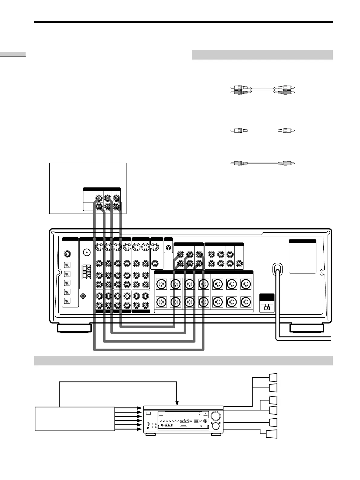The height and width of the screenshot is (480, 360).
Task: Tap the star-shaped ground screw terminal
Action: tap(83, 297)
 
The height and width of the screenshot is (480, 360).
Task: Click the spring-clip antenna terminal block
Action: tap(87, 272)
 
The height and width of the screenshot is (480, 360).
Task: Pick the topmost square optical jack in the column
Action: tap(67, 265)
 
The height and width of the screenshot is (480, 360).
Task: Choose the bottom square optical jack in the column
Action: tap(67, 301)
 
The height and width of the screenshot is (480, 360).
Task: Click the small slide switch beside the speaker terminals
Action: tap(267, 308)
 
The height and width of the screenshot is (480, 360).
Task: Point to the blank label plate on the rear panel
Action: tap(302, 257)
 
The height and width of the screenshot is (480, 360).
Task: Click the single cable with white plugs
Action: tap(262, 131)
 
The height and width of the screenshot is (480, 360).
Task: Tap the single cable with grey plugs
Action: tap(262, 163)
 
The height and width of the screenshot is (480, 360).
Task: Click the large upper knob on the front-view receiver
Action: tap(215, 416)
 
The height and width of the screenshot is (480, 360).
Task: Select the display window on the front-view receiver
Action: tap(183, 414)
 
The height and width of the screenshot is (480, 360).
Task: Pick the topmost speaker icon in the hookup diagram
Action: tap(273, 378)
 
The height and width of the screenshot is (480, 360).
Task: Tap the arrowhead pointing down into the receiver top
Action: tap(177, 403)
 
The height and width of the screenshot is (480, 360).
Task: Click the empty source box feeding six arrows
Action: tap(75, 419)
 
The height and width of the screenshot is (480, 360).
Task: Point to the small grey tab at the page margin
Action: tap(13, 54)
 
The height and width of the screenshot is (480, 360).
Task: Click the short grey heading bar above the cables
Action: tap(262, 55)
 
